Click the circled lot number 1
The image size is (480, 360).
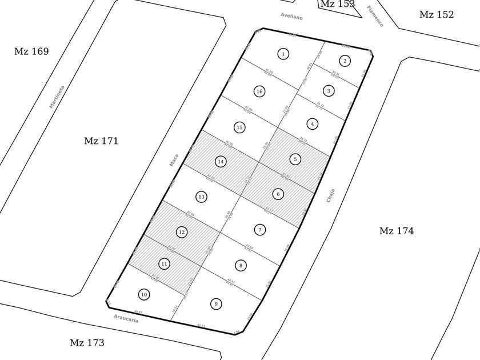tap(283, 54)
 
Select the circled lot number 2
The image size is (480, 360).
tap(345, 61)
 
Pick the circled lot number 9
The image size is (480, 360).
tap(215, 303)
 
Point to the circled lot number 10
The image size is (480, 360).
tap(144, 294)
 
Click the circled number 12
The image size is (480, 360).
tap(182, 232)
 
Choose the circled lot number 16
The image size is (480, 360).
tap(259, 91)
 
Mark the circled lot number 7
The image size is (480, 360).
tap(259, 230)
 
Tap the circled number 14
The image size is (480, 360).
tap(221, 162)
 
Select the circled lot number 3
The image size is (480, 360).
tap(329, 90)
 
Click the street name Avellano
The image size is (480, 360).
tap(291, 17)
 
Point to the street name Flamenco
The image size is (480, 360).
tap(375, 16)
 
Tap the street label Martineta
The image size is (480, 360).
tap(57, 97)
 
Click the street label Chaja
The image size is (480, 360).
tap(330, 196)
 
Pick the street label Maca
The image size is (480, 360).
tap(174, 160)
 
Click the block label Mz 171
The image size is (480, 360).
tap(101, 141)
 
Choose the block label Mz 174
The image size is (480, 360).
tap(397, 231)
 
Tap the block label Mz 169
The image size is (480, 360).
tap(31, 51)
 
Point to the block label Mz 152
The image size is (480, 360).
tap(437, 15)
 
